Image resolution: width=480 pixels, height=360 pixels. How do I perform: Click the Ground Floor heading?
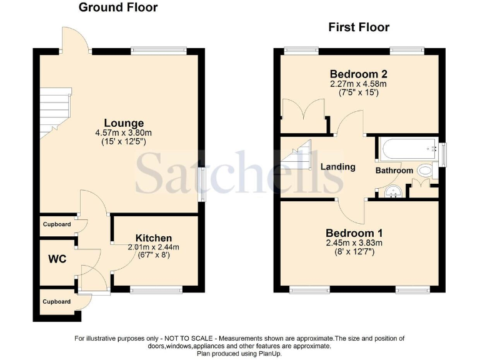[x=117, y=8]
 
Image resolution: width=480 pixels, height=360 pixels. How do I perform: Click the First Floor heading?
[x=359, y=27]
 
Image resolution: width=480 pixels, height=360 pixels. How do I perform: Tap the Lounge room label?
[x=124, y=123]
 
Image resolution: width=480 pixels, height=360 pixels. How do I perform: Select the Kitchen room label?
[x=154, y=238]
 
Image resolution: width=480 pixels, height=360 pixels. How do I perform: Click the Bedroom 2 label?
[x=358, y=72]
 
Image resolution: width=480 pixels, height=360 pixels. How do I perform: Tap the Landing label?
[x=338, y=167]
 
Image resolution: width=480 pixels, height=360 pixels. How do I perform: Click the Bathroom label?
[x=394, y=171]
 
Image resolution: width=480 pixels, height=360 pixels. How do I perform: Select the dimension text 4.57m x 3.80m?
[x=124, y=132]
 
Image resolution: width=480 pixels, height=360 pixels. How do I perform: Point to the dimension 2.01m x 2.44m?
[x=154, y=247]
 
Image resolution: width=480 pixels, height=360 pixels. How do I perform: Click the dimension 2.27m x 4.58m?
[x=358, y=83]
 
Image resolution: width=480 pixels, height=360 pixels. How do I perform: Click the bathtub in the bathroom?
[x=407, y=150]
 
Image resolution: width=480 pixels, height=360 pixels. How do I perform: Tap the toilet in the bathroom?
[x=427, y=169]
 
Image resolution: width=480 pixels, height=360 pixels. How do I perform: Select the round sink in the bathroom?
[x=393, y=191]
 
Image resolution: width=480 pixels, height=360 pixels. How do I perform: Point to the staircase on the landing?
[x=297, y=157]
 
